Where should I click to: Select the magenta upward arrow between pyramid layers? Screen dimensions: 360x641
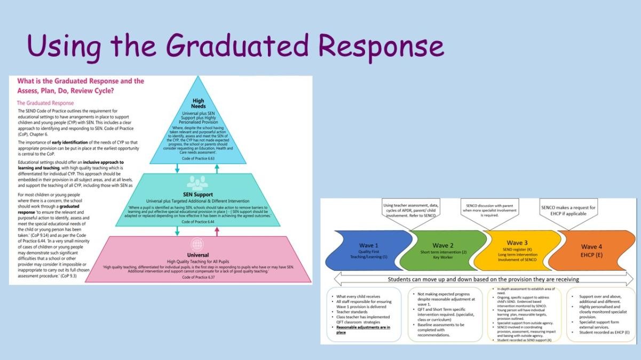[217, 230]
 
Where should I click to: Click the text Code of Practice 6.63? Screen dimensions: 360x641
[197, 159]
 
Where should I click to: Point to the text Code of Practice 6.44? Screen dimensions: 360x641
[197, 221]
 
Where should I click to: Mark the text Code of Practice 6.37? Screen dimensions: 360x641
[197, 277]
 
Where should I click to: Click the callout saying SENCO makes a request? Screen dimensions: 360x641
[568, 210]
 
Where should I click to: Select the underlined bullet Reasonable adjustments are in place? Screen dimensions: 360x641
[363, 329]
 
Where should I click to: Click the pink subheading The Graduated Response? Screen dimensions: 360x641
[45, 103]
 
